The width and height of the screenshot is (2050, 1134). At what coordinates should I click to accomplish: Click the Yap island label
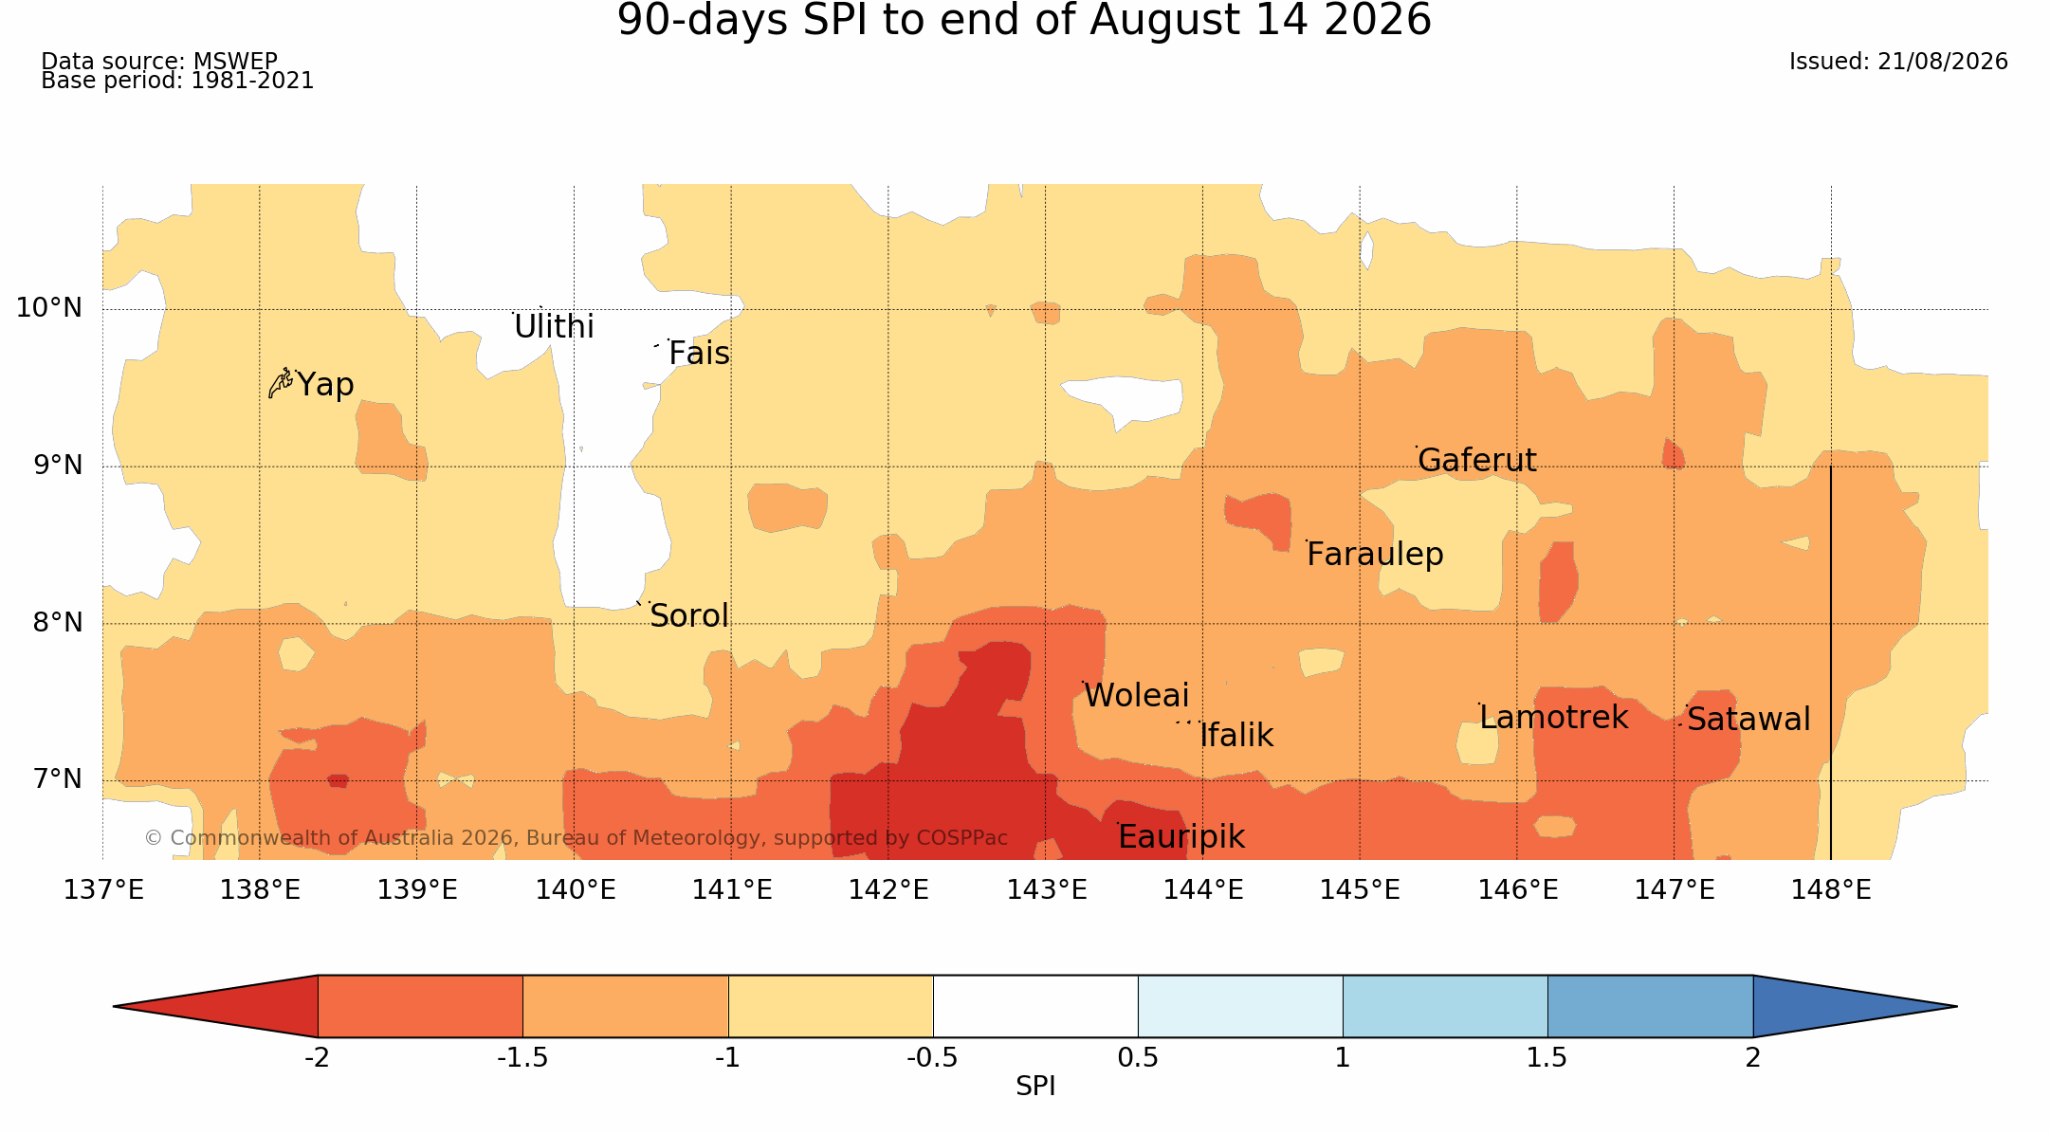click(x=325, y=385)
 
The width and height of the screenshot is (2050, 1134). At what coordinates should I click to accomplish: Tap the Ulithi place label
click(x=554, y=327)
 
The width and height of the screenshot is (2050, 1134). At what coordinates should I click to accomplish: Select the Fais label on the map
click(x=699, y=354)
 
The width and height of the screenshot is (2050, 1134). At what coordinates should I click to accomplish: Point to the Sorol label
click(x=689, y=616)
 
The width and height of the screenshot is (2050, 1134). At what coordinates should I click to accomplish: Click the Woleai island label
click(x=1136, y=696)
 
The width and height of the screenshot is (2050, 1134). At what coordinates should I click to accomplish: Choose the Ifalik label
click(x=1236, y=736)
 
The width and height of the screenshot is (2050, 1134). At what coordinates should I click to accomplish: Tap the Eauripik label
click(x=1181, y=837)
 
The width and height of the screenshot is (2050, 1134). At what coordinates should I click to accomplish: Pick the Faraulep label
click(x=1375, y=555)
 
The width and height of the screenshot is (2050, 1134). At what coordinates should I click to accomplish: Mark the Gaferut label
click(x=1477, y=461)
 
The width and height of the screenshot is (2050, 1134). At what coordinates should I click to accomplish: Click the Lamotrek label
click(x=1554, y=718)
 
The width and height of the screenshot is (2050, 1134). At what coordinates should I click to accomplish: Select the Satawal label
click(x=1748, y=720)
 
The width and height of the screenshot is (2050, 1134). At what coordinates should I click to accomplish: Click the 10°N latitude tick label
click(x=49, y=308)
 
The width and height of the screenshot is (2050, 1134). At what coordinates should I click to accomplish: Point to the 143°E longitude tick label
click(x=1047, y=890)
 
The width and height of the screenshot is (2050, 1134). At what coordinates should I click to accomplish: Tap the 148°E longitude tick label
click(x=1831, y=890)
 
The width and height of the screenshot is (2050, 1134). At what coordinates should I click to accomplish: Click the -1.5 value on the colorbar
click(x=522, y=1058)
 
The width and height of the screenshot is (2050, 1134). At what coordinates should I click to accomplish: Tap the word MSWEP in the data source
click(x=235, y=62)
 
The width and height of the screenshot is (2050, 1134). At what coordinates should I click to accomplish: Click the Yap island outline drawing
click(x=281, y=383)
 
